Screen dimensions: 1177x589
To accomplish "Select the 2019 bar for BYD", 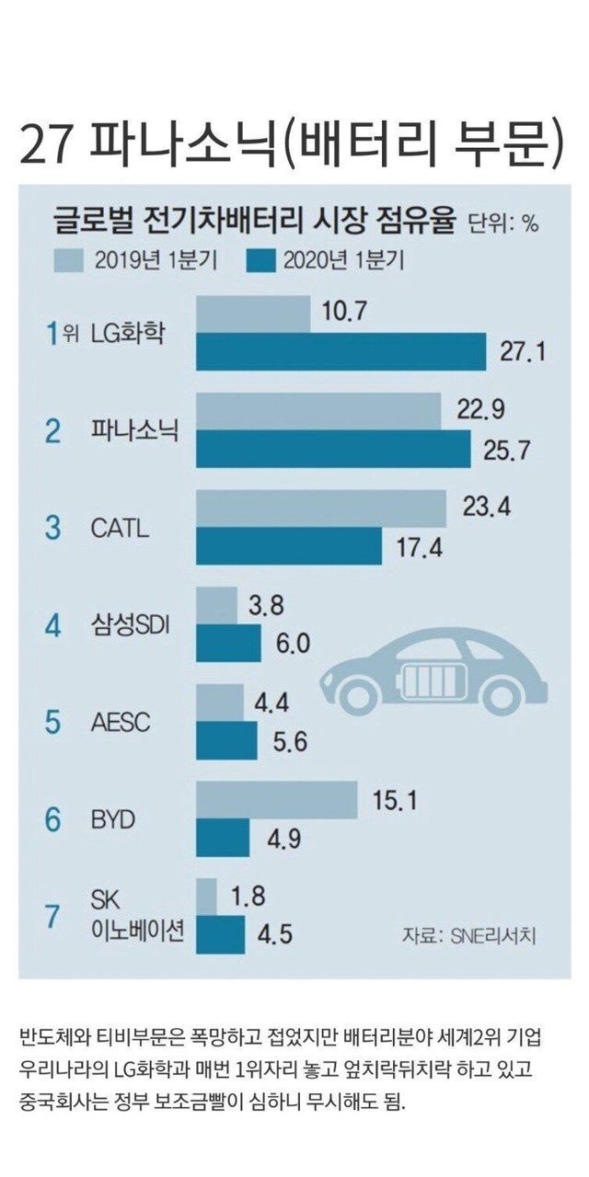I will (277, 799).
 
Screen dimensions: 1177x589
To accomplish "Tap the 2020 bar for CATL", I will (289, 546).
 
